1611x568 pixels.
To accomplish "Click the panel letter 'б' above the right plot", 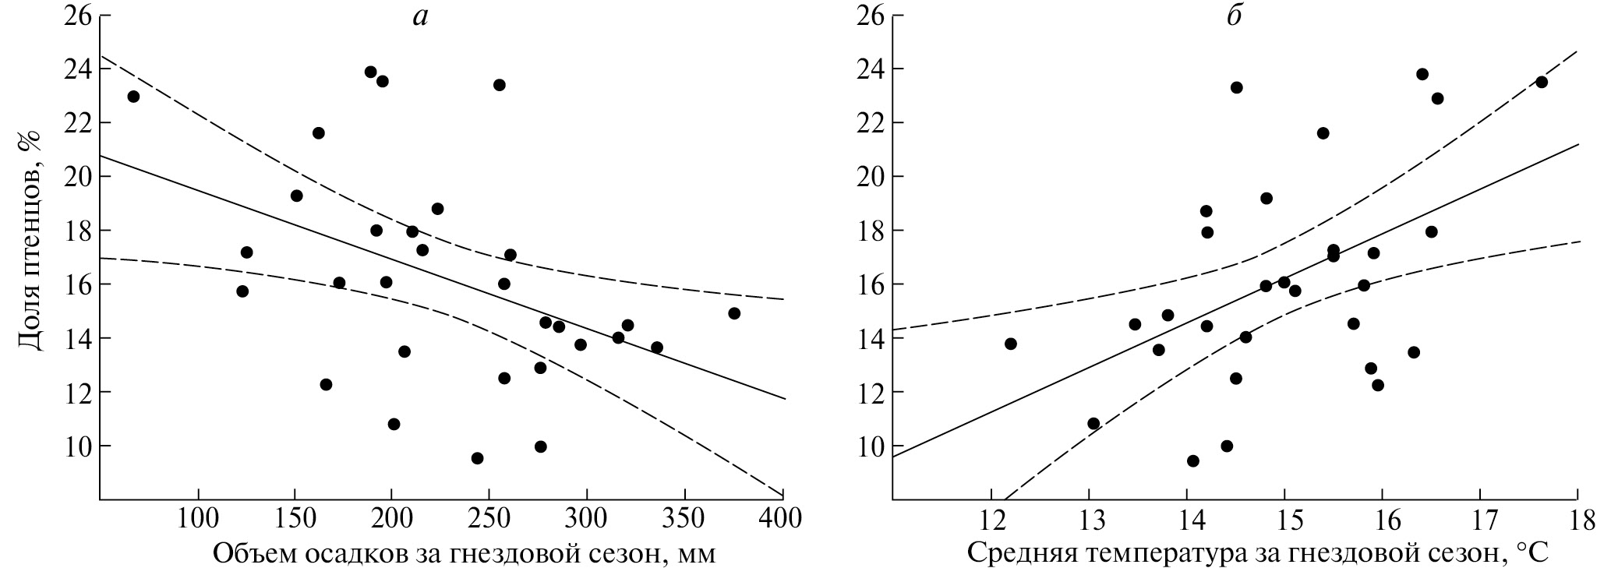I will pos(1234,16).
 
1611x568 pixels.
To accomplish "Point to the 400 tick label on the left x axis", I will pos(781,520).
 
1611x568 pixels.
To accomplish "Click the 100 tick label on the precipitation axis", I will pos(198,520).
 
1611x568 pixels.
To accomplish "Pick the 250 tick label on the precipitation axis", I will pos(489,520).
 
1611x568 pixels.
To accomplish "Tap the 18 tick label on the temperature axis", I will pos(1577,520).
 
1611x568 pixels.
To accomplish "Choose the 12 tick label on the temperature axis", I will pos(991,520).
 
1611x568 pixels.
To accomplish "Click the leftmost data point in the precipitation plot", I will pos(133,97).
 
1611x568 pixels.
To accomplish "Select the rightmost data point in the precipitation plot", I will pos(733,313).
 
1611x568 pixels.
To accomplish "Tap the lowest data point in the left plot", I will pos(477,458).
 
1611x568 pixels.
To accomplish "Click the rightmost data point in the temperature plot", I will pos(1541,82).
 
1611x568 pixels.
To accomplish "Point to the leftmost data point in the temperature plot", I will pos(1011,344).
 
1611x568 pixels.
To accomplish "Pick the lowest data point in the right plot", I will pos(1192,461).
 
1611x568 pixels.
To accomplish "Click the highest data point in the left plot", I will pos(370,72).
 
